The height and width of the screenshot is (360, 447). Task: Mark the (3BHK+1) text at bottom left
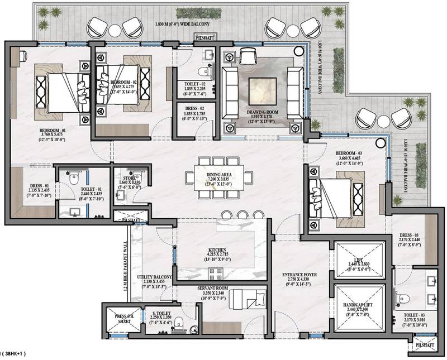point(13,354)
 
